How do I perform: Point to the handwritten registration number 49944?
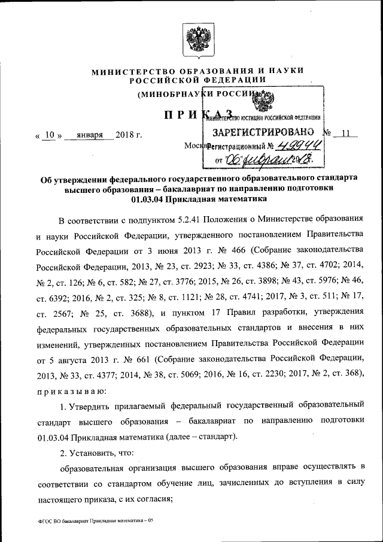coord(302,146)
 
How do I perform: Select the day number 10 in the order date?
coord(51,134)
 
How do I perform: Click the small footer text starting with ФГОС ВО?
coord(93,521)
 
